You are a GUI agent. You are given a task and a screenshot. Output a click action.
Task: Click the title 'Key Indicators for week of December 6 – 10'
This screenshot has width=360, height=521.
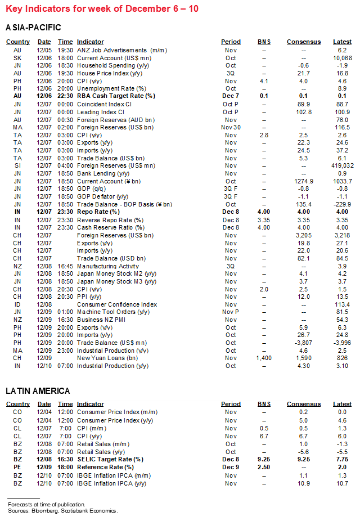(x=102, y=8)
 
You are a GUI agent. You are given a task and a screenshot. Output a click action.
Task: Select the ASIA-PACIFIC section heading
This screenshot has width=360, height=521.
(x=33, y=28)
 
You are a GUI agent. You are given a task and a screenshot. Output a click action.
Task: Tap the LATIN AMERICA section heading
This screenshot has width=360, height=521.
(x=38, y=390)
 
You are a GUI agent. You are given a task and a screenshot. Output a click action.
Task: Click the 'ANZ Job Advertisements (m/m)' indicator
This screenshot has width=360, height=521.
(x=121, y=50)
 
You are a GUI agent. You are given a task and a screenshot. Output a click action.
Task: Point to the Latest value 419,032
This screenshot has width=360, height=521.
(x=342, y=165)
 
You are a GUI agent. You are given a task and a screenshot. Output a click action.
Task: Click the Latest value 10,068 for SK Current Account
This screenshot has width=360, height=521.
(x=342, y=58)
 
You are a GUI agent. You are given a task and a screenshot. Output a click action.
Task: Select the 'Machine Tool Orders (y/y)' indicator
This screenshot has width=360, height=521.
(x=113, y=312)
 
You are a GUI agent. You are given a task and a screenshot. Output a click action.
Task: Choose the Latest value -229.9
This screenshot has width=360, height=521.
(x=342, y=204)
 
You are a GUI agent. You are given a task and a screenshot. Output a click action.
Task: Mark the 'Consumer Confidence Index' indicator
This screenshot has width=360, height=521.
(x=116, y=304)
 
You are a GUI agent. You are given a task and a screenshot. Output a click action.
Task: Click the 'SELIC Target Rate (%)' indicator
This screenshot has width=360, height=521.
(x=110, y=459)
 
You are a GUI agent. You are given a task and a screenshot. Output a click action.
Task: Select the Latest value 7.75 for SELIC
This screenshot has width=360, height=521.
(x=342, y=459)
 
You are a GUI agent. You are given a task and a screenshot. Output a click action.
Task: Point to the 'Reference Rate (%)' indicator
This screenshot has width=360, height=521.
(x=105, y=467)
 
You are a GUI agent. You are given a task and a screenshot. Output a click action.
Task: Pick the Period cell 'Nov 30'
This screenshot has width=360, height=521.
(x=231, y=127)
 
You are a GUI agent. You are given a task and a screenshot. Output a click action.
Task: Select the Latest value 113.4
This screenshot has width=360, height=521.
(x=342, y=304)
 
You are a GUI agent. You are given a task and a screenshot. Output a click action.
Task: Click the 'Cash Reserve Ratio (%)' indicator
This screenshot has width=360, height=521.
(x=110, y=227)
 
